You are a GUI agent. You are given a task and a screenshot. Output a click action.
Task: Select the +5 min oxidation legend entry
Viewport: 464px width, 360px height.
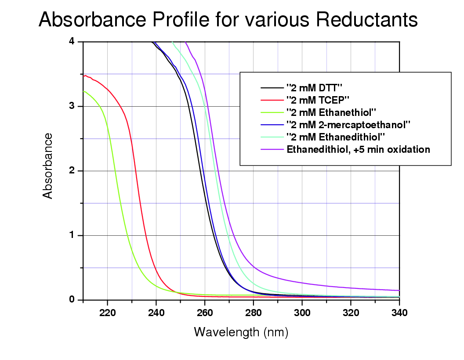tap(358, 149)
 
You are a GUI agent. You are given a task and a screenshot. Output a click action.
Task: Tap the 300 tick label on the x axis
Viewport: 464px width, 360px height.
tap(302, 313)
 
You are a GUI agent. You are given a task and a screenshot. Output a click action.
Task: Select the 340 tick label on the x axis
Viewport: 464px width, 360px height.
tap(399, 313)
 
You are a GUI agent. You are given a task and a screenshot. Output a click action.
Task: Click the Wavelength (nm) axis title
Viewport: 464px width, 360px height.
tap(241, 332)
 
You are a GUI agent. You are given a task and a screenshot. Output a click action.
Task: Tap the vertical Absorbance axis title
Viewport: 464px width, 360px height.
tap(48, 166)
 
